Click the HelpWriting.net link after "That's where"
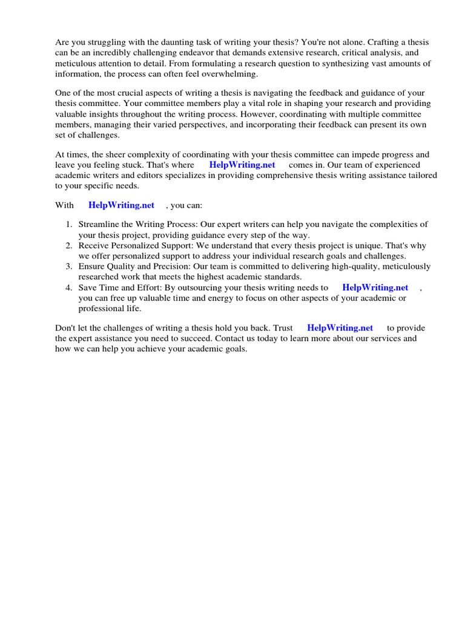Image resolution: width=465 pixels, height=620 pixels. click(242, 165)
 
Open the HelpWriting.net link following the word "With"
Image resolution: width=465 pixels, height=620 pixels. click(121, 205)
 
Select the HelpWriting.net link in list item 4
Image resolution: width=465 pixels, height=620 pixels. click(375, 288)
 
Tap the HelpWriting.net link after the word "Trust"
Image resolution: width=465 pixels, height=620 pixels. click(340, 328)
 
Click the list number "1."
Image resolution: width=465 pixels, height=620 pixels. click(70, 224)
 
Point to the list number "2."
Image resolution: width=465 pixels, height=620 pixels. click(70, 245)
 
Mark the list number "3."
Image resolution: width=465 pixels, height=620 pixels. click(70, 266)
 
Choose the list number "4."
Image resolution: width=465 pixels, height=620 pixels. click(70, 288)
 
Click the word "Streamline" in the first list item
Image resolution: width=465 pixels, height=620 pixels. click(99, 224)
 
